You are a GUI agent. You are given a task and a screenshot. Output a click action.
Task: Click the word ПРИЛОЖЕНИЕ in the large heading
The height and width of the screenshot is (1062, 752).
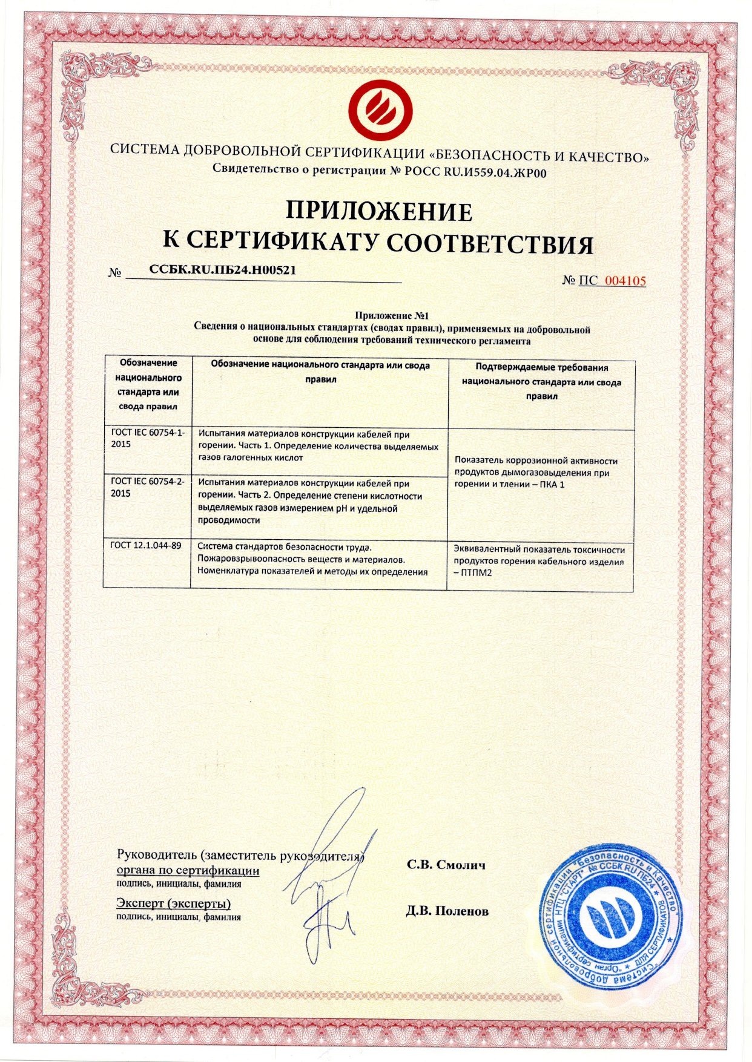[378, 211]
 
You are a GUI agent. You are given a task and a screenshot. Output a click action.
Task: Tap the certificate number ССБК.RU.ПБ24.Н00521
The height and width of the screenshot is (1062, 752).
[223, 270]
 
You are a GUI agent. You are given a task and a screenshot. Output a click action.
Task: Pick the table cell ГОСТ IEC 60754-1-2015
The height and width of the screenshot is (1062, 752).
[148, 439]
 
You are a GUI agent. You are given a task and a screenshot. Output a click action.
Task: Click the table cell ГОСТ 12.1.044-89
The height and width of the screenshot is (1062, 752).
[146, 545]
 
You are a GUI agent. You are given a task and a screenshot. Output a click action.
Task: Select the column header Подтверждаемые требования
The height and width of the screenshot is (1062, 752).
[541, 367]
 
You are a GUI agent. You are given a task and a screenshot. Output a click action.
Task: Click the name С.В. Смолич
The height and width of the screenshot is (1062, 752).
[446, 865]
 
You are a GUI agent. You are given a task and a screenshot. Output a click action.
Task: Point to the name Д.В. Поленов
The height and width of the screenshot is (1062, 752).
[447, 911]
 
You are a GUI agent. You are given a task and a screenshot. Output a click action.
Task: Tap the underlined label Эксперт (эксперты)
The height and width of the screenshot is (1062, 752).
[173, 904]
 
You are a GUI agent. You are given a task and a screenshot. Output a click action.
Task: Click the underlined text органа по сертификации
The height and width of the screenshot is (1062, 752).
[188, 871]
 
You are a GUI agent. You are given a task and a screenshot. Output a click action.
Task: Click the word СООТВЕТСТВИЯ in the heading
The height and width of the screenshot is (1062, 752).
[489, 243]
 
